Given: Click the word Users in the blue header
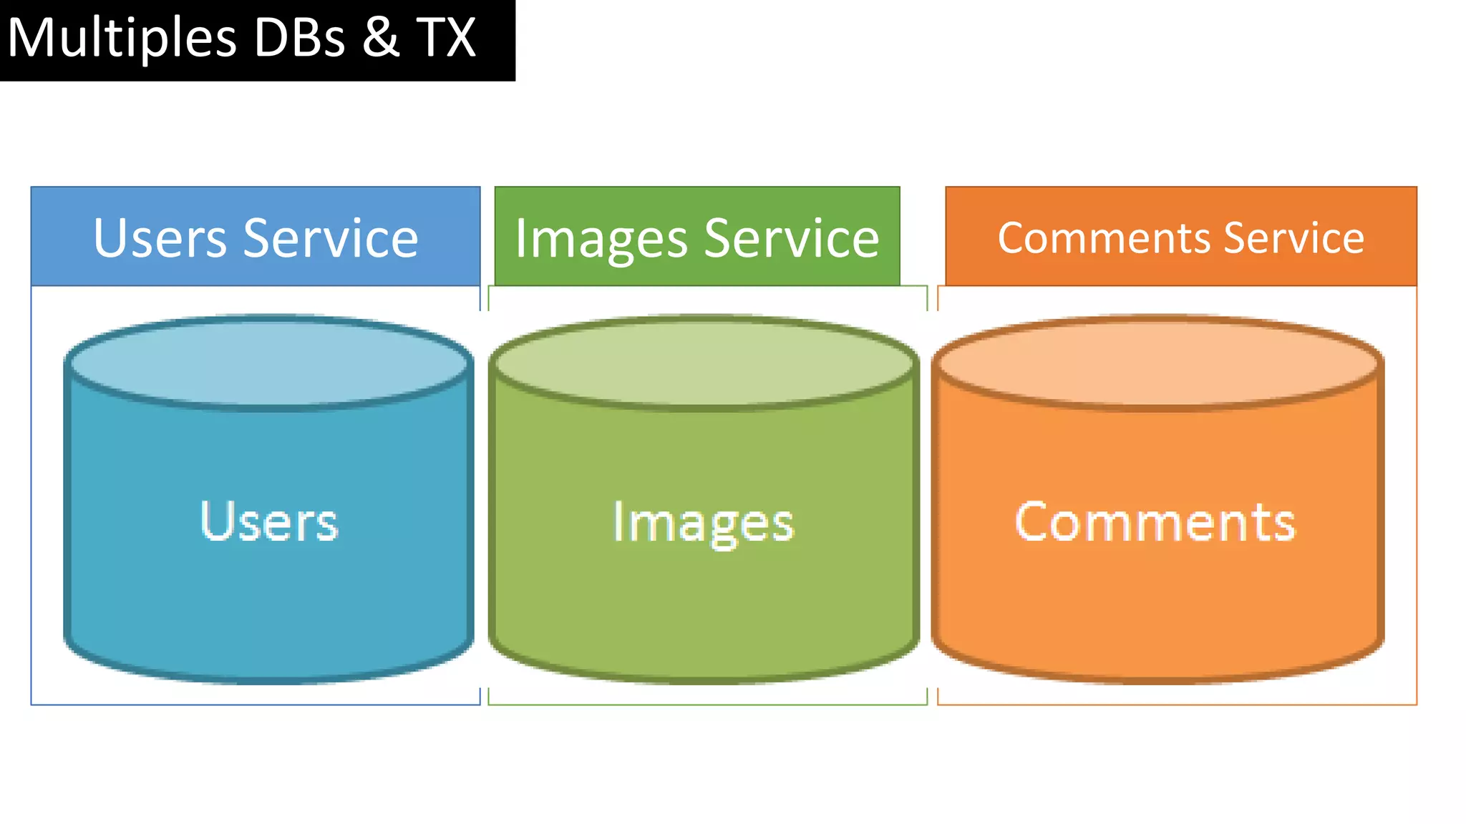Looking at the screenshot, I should (160, 237).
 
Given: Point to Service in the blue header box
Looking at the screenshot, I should (331, 237).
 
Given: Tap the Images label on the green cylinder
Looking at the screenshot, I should (703, 523).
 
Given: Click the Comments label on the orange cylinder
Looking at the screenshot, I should (1155, 521).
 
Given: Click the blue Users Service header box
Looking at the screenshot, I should (256, 200).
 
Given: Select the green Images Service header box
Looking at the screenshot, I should (696, 200).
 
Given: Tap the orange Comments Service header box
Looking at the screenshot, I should (1180, 200).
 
